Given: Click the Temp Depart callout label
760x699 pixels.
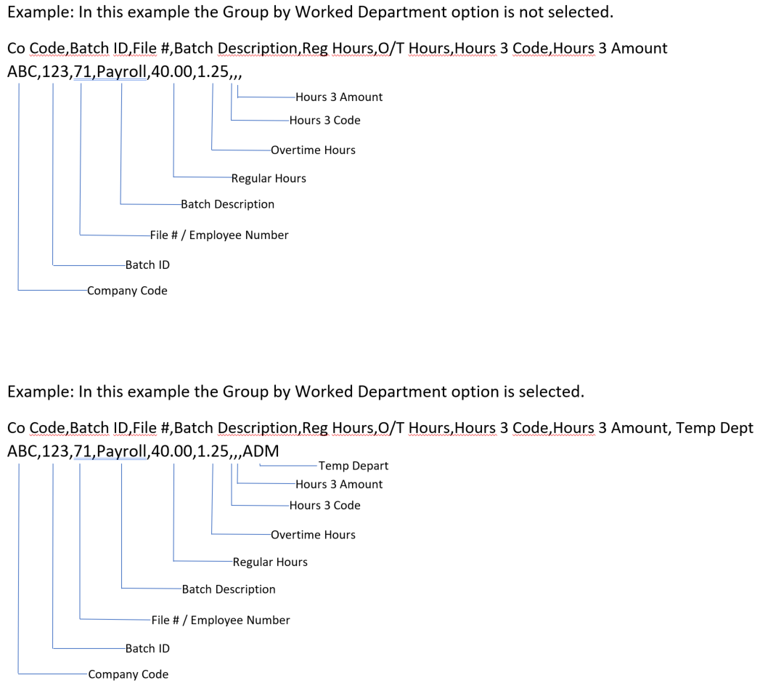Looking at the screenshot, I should point(353,466).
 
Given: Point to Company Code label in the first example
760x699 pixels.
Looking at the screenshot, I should point(127,291).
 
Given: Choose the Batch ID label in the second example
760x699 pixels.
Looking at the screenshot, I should point(147,647).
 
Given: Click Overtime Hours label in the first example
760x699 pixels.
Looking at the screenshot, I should point(313,150).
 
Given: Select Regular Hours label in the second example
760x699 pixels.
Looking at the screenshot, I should point(270,562).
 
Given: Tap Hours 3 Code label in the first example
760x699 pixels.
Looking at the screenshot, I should point(324,120).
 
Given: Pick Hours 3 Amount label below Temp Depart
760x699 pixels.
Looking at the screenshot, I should point(339,484).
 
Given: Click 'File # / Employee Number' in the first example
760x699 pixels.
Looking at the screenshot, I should point(218,235).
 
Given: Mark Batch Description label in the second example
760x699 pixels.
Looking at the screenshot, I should point(229,589).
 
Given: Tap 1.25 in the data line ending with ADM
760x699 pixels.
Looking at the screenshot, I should point(213,451).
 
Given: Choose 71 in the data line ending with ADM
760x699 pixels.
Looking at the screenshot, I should point(79,451).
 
